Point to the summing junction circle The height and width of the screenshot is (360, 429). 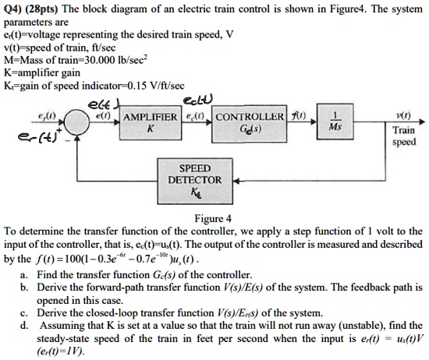click(76, 122)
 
